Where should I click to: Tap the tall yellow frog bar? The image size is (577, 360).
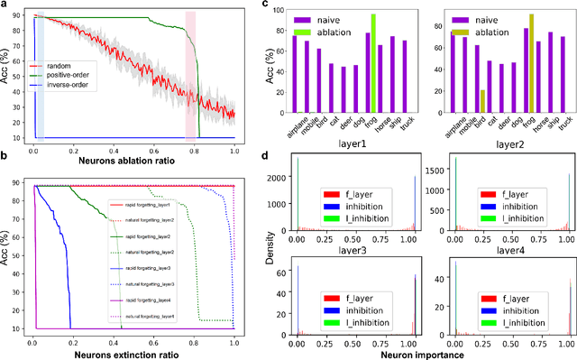530,52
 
